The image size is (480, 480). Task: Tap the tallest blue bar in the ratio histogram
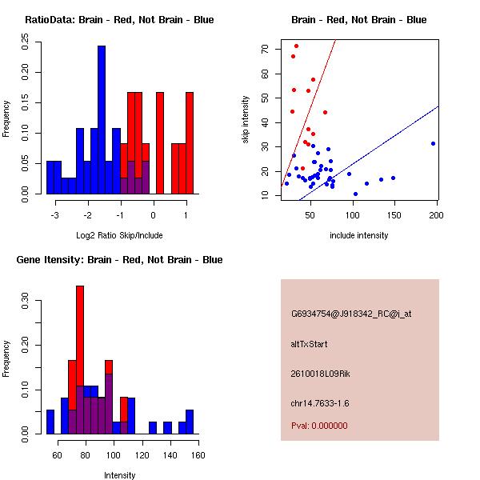[102, 120]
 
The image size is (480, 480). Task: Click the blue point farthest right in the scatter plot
[433, 143]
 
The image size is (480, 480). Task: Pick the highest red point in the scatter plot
[296, 46]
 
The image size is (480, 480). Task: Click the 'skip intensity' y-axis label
[246, 120]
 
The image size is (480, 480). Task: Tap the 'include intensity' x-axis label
[359, 235]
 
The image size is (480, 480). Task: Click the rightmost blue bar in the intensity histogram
[190, 422]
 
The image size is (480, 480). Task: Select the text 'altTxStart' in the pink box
[310, 344]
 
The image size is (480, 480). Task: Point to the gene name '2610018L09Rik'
[318, 374]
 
